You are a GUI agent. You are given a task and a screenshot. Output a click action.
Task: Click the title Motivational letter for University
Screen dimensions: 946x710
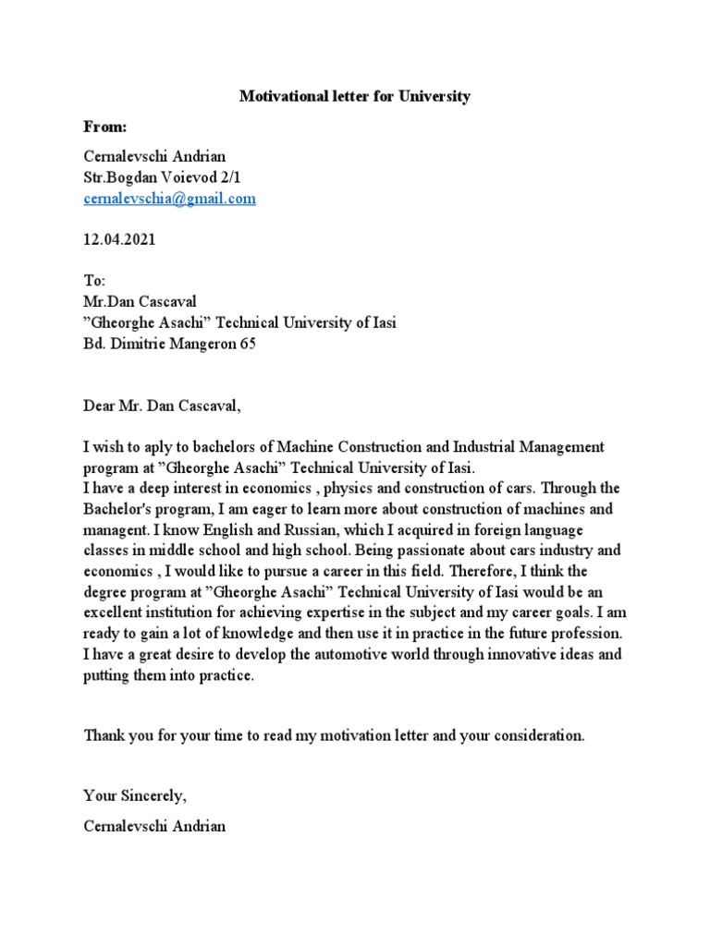[355, 96]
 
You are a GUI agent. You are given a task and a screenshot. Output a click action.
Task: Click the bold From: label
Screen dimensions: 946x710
[105, 127]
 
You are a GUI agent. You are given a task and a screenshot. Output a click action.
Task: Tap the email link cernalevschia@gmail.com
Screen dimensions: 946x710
[169, 199]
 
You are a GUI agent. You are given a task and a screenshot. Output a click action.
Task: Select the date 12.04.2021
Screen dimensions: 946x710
[119, 239]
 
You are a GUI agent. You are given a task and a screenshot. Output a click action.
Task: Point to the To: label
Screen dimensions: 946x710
[95, 280]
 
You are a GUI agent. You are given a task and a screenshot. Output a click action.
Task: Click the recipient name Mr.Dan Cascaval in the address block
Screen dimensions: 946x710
[141, 301]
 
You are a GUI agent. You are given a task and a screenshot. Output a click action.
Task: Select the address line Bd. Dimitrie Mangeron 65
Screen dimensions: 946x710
[169, 344]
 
